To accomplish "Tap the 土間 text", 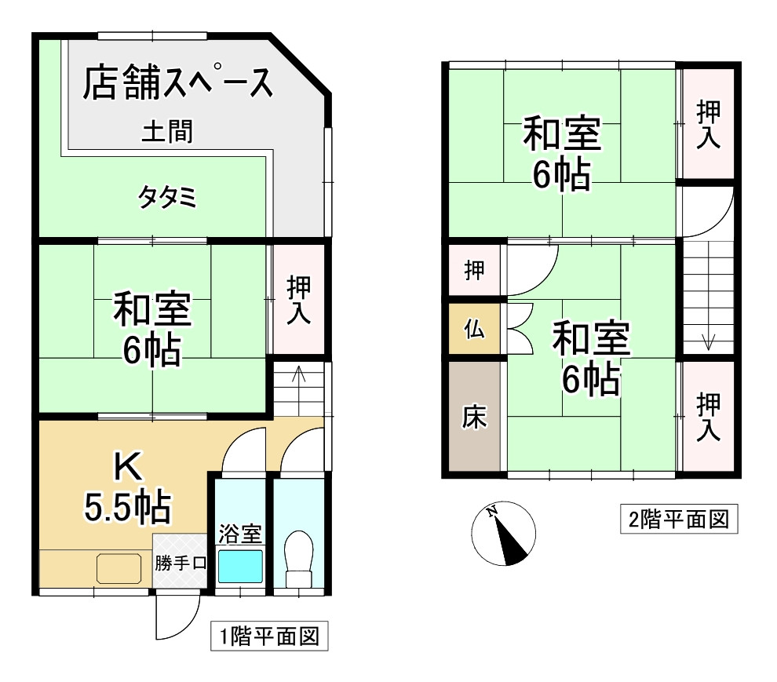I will (167, 131).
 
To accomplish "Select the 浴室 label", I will (239, 535).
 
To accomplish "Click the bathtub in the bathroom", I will (239, 566).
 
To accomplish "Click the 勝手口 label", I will (181, 562).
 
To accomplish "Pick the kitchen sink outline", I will (118, 568).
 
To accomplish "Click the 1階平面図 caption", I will (268, 636).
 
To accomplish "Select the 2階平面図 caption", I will (680, 519).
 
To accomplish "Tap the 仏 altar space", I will (474, 330).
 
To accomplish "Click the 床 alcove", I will (473, 417).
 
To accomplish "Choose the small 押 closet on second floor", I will (474, 271).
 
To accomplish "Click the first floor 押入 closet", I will (297, 299).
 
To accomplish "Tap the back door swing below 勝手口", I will (174, 616).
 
